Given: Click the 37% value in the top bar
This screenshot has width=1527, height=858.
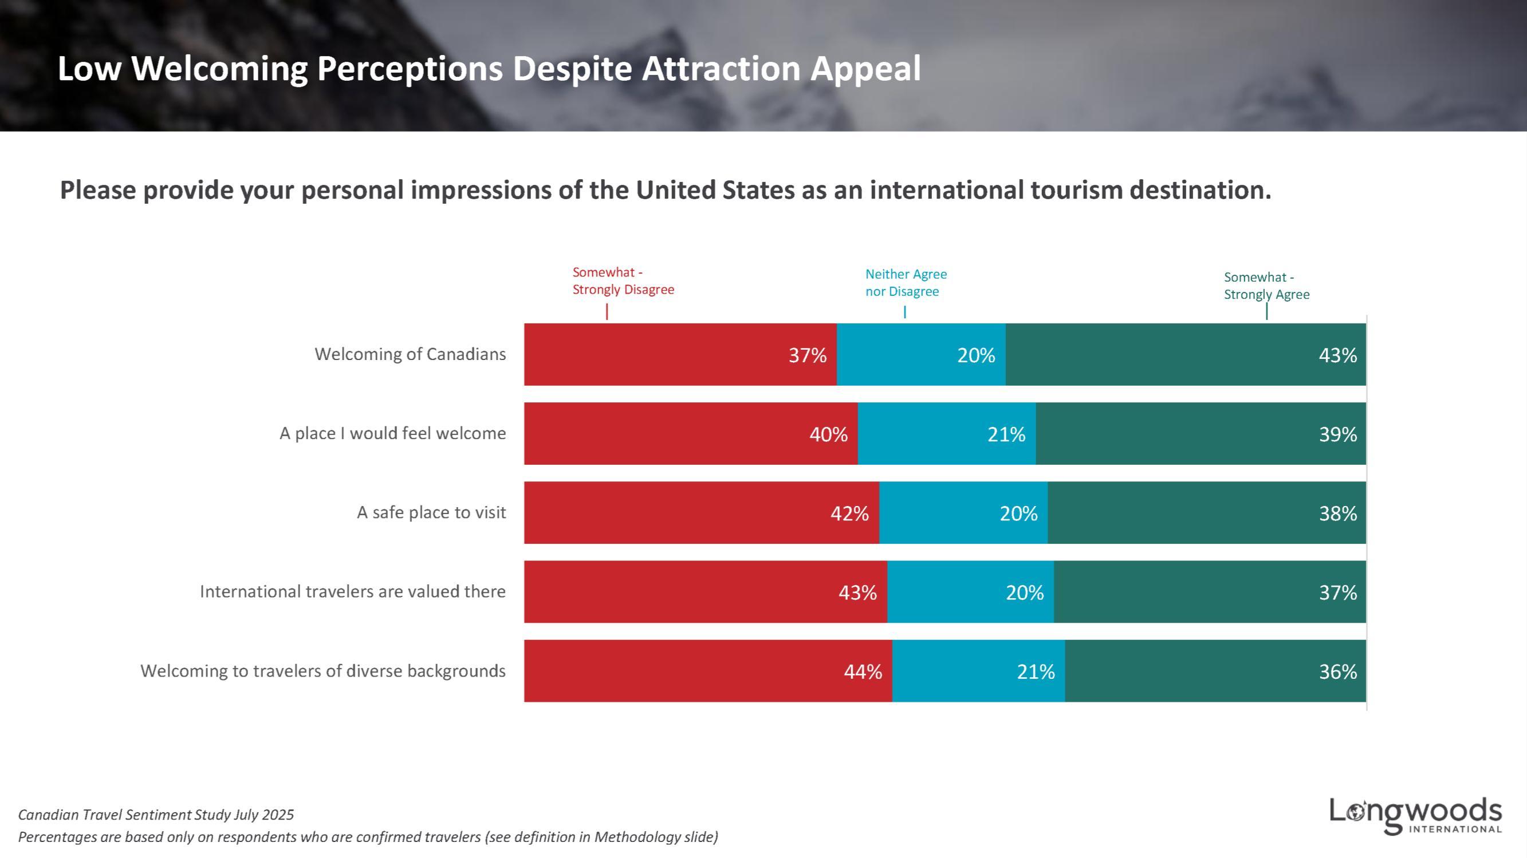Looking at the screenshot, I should (x=807, y=355).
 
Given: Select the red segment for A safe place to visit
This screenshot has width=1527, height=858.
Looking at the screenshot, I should (x=682, y=512).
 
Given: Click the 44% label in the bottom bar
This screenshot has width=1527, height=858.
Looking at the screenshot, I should (x=863, y=671).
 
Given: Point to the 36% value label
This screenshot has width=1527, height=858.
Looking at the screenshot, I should (x=1337, y=671).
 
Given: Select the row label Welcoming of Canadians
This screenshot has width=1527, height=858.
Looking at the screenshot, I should (x=410, y=354).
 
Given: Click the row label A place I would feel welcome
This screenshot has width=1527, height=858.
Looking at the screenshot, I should (x=392, y=434).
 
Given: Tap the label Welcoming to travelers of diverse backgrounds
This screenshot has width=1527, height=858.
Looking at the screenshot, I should (x=323, y=671).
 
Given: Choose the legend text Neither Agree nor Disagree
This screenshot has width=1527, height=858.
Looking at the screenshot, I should (x=906, y=283).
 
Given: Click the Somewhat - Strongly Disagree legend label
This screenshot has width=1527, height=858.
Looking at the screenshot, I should (x=623, y=281).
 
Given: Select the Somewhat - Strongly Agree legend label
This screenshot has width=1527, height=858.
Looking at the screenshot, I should (x=1266, y=286).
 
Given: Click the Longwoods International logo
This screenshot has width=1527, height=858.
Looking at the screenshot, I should (x=1415, y=816).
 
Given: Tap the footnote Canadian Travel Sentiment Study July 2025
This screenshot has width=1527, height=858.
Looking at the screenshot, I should (x=156, y=814).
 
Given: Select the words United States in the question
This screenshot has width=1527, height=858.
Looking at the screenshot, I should (x=715, y=190).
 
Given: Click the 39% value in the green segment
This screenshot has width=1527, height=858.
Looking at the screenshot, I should (x=1337, y=434).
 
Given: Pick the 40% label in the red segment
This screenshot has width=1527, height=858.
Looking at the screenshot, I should (x=828, y=434).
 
